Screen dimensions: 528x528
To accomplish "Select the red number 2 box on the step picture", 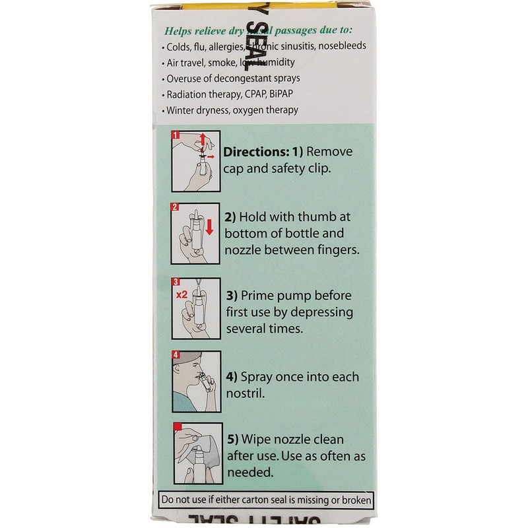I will (x=176, y=207).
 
